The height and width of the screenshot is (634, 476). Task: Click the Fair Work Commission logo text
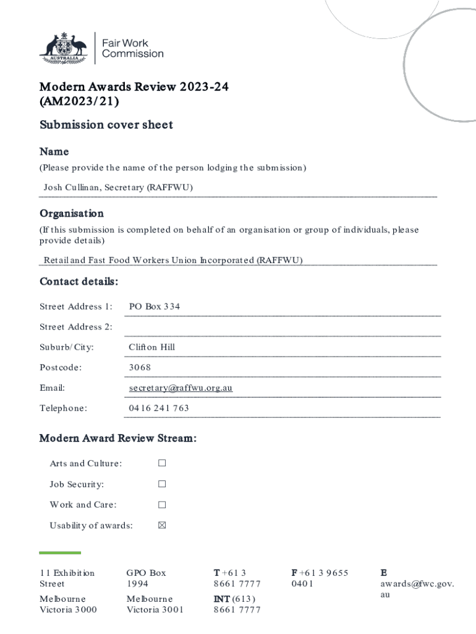[132, 48]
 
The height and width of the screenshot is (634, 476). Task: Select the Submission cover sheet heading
[106, 124]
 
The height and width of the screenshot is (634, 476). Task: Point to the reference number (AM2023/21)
[79, 101]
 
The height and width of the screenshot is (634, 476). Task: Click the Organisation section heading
[72, 214]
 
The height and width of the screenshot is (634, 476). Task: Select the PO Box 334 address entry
[154, 306]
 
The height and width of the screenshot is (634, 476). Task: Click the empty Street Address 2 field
[282, 327]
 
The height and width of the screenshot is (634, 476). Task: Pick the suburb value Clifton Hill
[151, 347]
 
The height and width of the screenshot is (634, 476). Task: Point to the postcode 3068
[139, 368]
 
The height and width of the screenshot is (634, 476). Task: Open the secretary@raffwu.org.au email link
[181, 388]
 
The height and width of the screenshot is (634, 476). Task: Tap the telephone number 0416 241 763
[159, 409]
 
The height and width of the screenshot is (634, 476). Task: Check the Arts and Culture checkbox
[162, 463]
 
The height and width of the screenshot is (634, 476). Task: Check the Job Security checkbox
[162, 484]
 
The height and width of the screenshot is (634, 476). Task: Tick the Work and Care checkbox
[162, 505]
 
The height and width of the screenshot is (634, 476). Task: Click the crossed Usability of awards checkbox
[162, 526]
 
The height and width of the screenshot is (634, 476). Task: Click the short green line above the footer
[60, 553]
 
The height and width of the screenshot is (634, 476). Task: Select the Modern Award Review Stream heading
[118, 439]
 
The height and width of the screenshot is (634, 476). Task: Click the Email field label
[52, 388]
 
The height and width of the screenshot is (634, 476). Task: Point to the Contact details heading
[79, 282]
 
